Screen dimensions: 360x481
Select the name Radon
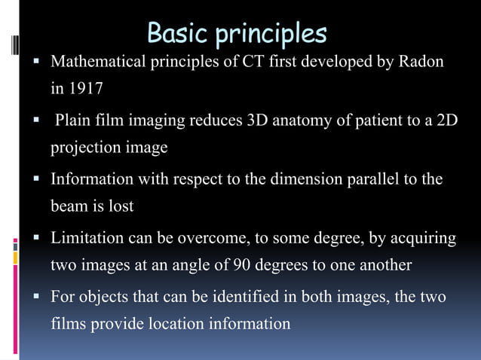click(x=422, y=61)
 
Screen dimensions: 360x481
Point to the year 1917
click(x=85, y=88)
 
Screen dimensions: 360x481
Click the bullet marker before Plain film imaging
click(x=35, y=121)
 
